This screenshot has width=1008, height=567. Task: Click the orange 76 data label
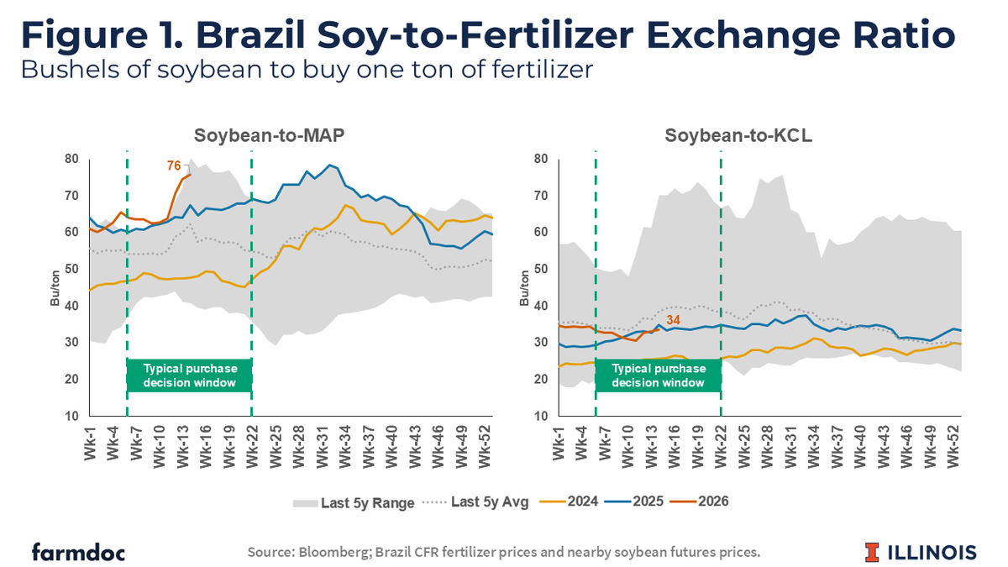click(x=174, y=165)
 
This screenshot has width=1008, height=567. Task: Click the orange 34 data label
click(x=673, y=321)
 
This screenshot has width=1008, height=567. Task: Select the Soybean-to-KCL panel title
click(x=721, y=135)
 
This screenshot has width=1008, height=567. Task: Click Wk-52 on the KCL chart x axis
click(x=955, y=443)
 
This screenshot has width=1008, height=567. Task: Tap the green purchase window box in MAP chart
click(x=190, y=375)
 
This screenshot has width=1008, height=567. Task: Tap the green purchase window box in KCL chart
click(x=659, y=375)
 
